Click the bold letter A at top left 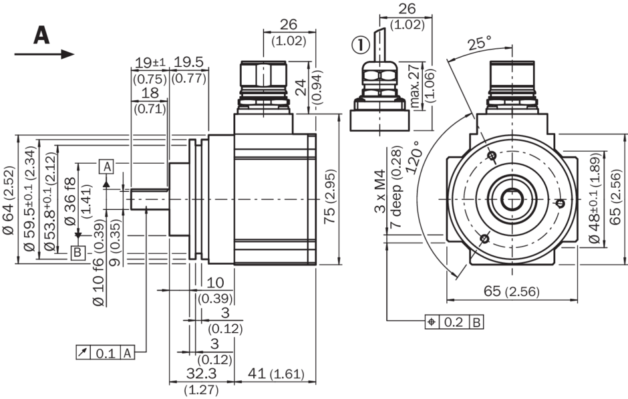click(41, 34)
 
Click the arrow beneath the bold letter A click(44, 54)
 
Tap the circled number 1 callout click(359, 45)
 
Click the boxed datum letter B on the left click(78, 253)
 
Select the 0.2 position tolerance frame click(454, 322)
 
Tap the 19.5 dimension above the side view click(190, 62)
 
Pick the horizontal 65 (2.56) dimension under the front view click(511, 291)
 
